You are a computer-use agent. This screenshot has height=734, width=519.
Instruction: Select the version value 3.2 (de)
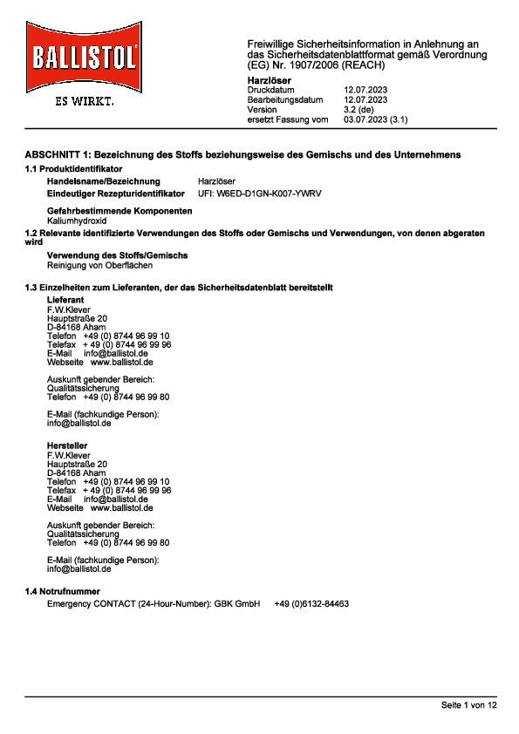coord(359,110)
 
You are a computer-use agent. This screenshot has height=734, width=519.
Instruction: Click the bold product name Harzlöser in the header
coord(270,80)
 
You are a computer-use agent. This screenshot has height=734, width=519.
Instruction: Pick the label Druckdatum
coord(271,90)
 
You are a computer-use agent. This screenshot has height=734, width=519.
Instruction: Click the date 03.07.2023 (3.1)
coord(376,119)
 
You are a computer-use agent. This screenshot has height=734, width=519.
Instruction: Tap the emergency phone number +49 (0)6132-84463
coord(311,603)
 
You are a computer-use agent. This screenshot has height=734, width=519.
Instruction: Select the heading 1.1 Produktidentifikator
coord(73,167)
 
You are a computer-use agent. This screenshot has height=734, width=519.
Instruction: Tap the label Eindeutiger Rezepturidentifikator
coord(115,193)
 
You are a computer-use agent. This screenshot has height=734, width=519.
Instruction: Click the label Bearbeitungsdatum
coord(285,100)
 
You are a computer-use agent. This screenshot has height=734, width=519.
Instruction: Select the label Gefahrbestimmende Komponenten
coord(119,212)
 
